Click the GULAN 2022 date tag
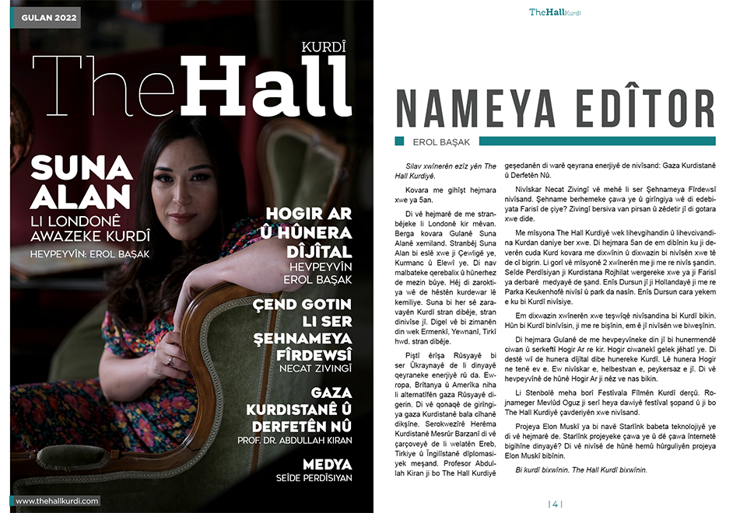click(x=44, y=17)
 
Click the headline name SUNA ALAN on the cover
click(x=81, y=180)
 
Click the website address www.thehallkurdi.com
click(x=57, y=501)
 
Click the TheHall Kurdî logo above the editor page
click(x=555, y=12)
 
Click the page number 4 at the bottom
click(x=556, y=503)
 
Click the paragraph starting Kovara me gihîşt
click(x=440, y=195)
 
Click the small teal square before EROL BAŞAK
click(x=399, y=141)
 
